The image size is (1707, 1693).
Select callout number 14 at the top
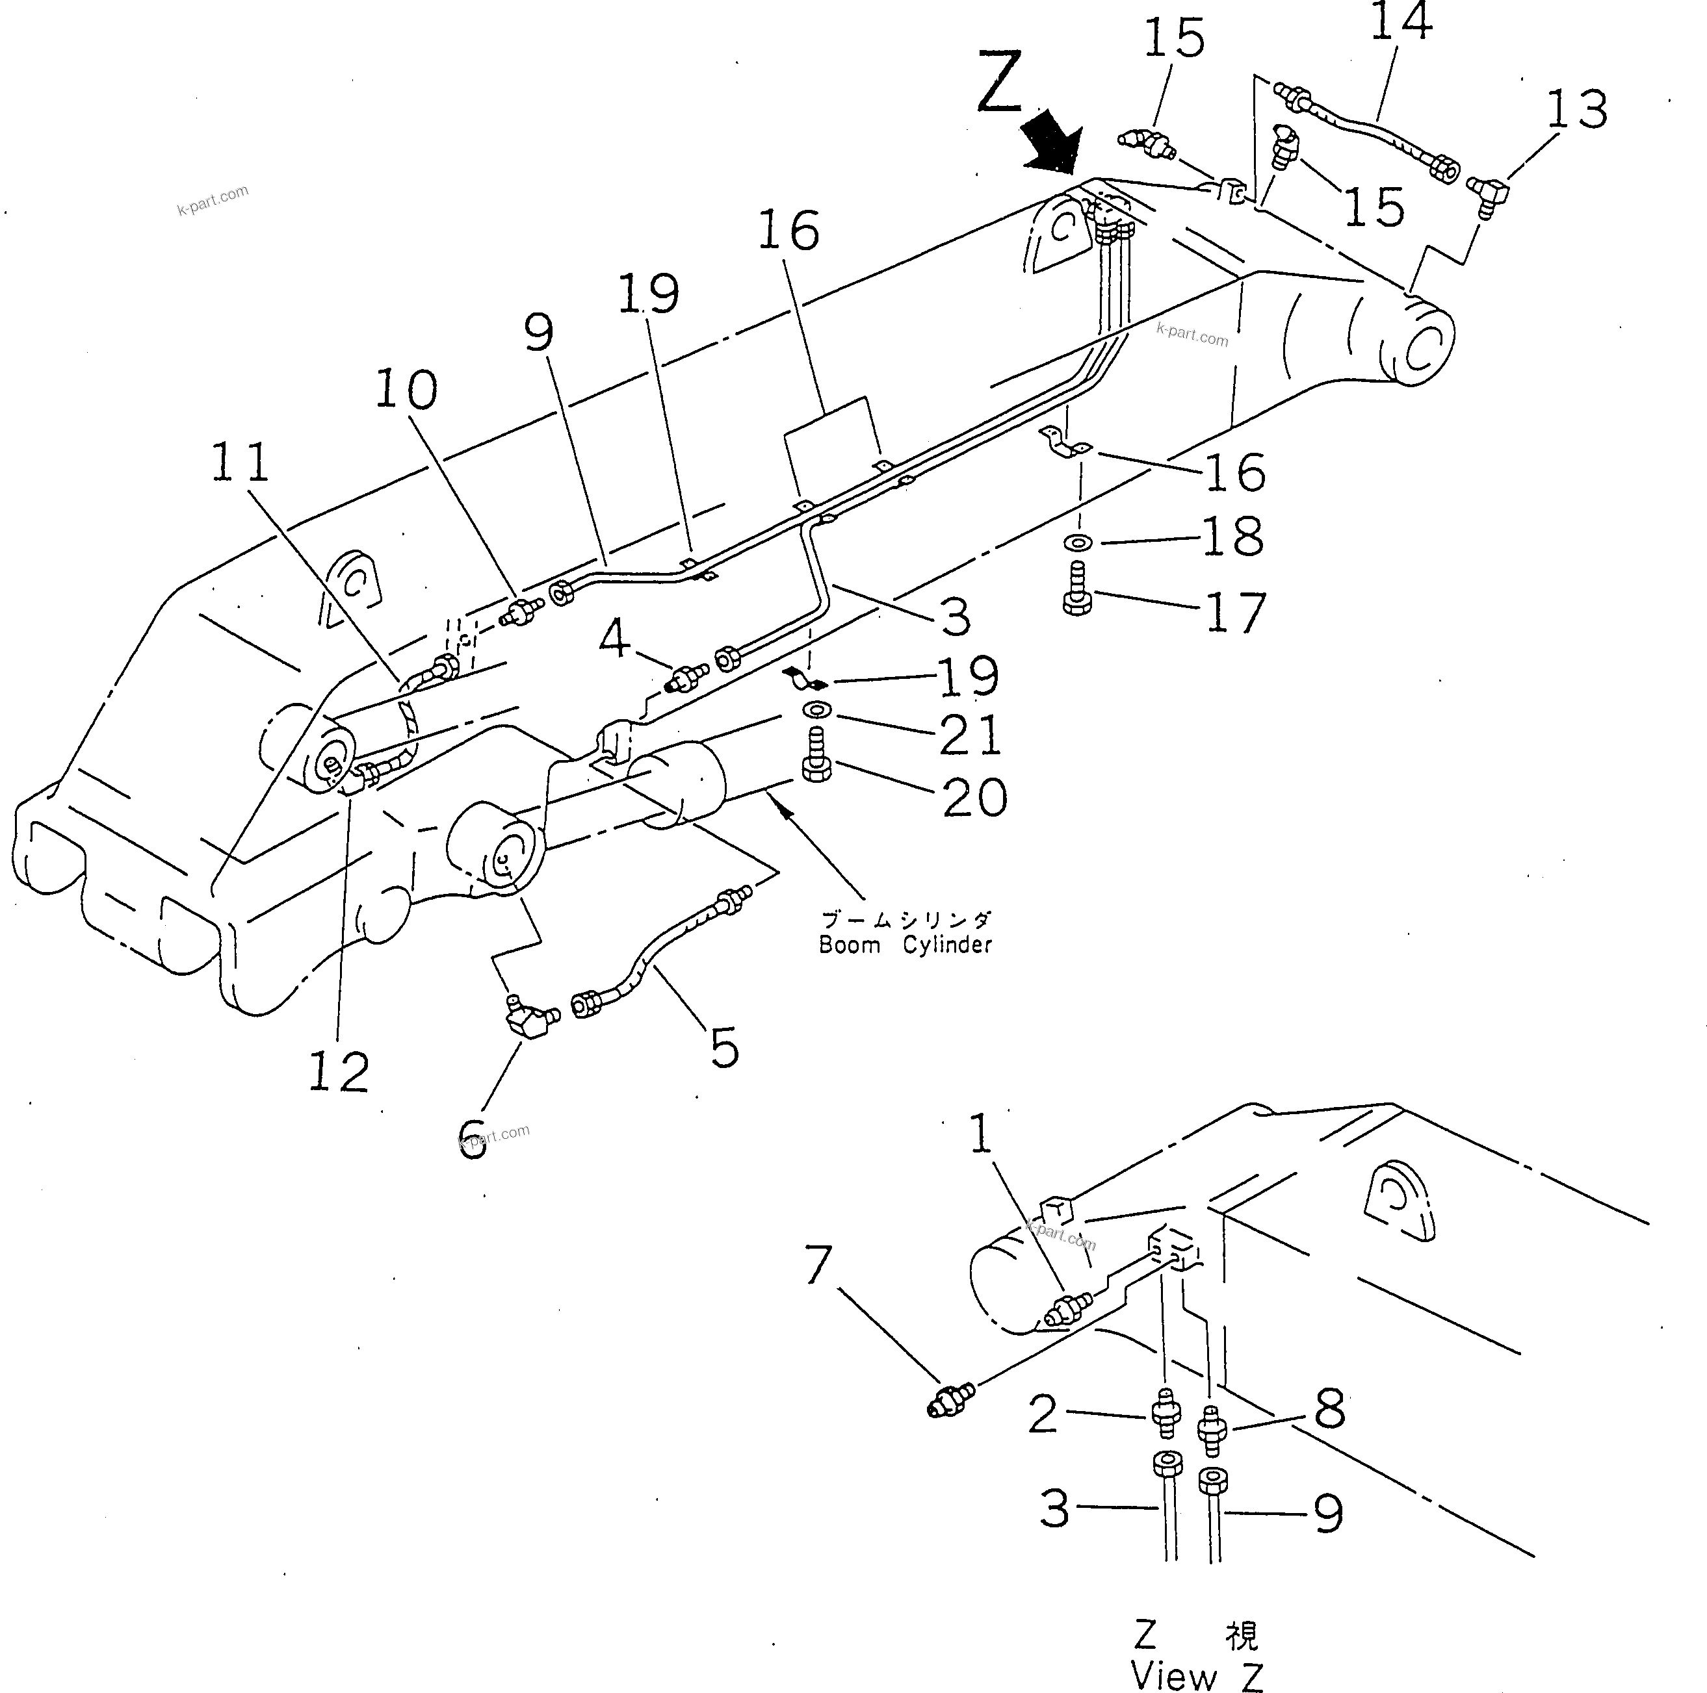(1400, 22)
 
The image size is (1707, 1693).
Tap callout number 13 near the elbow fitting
(1577, 110)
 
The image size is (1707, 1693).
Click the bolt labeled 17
(1077, 589)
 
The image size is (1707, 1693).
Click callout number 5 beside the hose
(725, 1049)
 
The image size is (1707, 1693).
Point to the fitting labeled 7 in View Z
(950, 1401)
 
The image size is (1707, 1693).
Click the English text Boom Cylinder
(905, 946)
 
